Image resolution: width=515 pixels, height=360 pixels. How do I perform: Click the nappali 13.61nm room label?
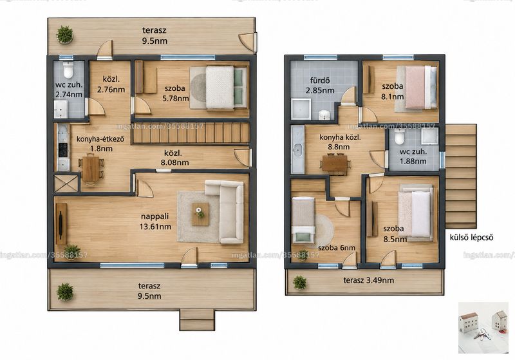155,222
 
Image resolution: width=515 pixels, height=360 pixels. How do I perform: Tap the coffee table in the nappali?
200,214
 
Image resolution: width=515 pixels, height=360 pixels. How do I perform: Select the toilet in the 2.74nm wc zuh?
68,70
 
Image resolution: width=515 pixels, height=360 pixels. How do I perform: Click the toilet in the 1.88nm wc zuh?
399,137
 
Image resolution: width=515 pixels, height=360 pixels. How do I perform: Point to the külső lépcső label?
471,237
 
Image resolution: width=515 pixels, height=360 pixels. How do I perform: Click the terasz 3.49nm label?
368,280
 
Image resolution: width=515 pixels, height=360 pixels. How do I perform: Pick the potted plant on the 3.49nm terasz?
299,283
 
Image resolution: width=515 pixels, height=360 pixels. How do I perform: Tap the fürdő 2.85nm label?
320,86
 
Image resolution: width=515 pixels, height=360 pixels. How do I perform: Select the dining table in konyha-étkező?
91,169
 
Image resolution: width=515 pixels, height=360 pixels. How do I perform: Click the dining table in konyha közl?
335,163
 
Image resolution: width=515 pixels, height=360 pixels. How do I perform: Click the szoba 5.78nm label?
176,93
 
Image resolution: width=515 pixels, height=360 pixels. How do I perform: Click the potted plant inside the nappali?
71,252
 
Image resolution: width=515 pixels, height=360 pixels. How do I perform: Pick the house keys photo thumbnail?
483,328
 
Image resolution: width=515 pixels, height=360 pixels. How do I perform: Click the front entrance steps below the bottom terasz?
197,319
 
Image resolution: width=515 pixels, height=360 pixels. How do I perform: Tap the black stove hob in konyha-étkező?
62,150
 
